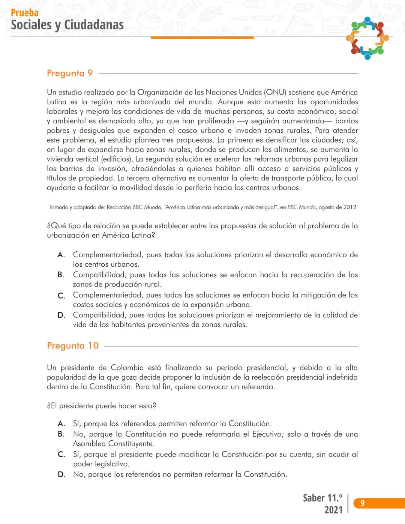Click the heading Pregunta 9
pyautogui.click(x=70, y=73)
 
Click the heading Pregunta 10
pyautogui.click(x=73, y=346)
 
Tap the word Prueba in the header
pyautogui.click(x=25, y=13)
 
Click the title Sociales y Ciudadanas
pyautogui.click(x=67, y=25)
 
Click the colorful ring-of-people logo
pyautogui.click(x=367, y=38)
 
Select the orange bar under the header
pyautogui.click(x=202, y=38)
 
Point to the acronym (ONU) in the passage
pyautogui.click(x=275, y=92)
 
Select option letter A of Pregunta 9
pyautogui.click(x=61, y=255)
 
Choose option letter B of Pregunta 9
pyautogui.click(x=61, y=275)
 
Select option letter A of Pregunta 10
pyautogui.click(x=61, y=424)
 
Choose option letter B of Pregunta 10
pyautogui.click(x=61, y=434)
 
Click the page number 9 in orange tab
pyautogui.click(x=362, y=503)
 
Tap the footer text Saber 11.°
pyautogui.click(x=322, y=498)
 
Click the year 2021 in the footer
pyautogui.click(x=333, y=510)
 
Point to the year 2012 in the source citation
pyautogui.click(x=350, y=207)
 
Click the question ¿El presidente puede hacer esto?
pyautogui.click(x=102, y=406)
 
